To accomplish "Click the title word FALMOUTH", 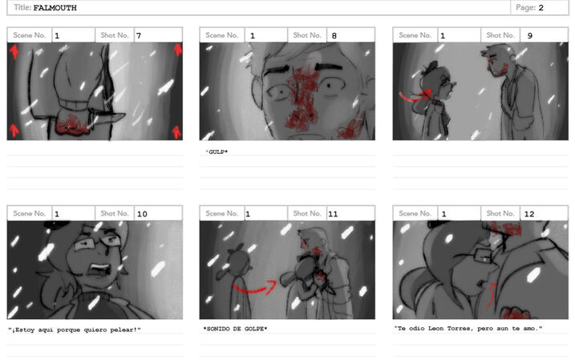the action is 55,8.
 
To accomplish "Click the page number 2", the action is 541,8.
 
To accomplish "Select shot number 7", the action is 139,35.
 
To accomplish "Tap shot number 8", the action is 334,35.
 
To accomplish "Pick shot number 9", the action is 530,35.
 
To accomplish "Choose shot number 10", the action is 142,214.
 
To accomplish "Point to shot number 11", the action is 333,214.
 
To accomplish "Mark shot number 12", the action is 529,214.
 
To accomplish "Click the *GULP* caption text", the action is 217,152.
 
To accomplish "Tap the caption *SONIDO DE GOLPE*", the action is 235,329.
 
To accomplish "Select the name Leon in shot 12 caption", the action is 435,329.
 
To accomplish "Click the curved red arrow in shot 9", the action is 414,97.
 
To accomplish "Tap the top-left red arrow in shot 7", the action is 14,51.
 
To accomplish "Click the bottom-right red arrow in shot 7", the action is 176,132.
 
